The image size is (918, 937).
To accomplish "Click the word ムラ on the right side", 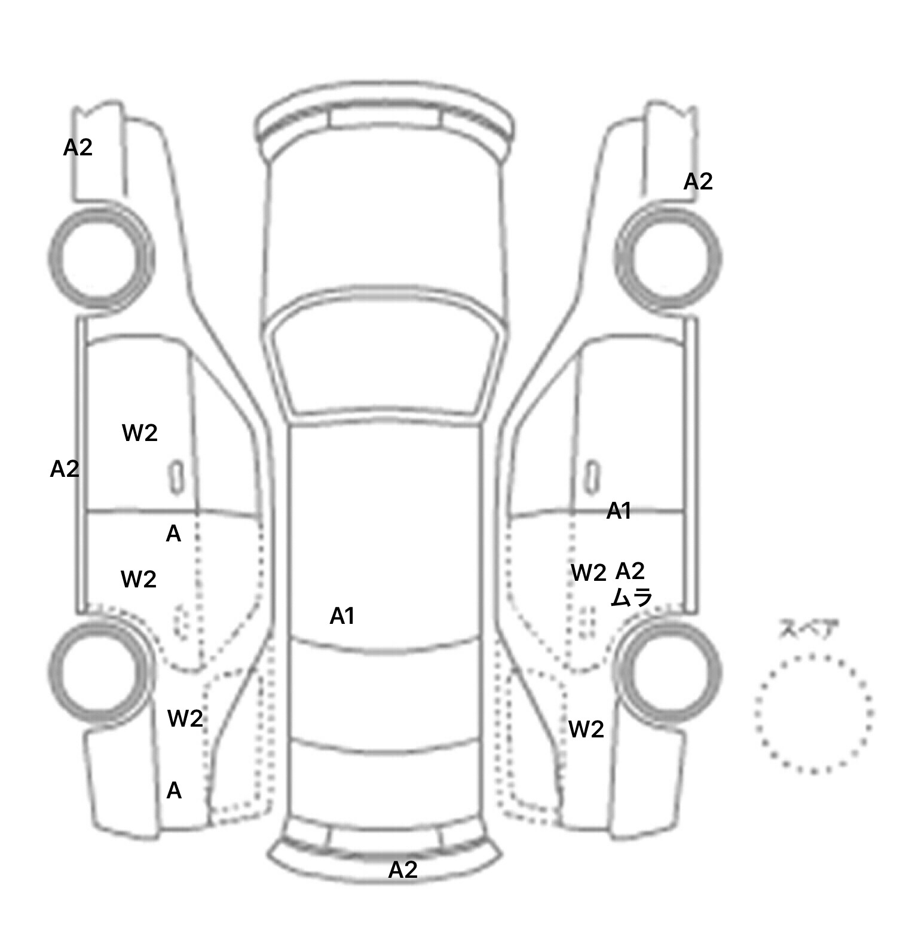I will click(631, 598).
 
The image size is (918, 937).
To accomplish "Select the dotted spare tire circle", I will click(813, 714).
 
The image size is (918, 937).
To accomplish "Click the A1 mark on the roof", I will click(342, 616).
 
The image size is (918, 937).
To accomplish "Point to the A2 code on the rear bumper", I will click(403, 870).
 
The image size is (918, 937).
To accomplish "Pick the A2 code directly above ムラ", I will click(630, 571).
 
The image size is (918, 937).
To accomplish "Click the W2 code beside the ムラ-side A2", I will click(589, 573).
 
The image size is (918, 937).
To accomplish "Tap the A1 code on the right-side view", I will click(619, 511).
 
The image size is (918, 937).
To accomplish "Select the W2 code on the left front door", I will click(140, 433).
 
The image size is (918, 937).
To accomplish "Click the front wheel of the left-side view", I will click(100, 258).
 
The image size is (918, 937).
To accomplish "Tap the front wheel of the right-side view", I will click(668, 258).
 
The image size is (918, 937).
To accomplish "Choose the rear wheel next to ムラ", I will click(668, 671).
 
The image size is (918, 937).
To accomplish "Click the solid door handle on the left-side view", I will click(176, 477).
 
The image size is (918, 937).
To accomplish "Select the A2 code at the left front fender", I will click(78, 147).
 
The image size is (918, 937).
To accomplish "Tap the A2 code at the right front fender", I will click(698, 181).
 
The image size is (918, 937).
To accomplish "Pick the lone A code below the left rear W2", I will click(174, 791).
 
